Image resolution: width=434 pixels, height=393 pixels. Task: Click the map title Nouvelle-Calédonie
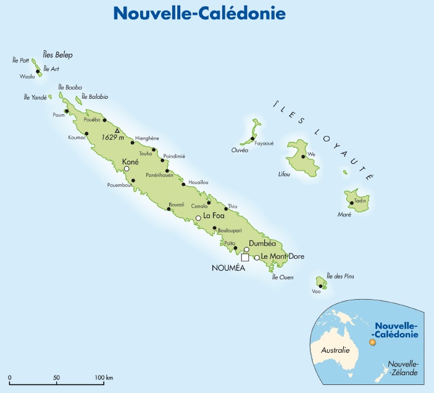point(217,13)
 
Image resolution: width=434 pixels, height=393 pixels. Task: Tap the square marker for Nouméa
point(245,257)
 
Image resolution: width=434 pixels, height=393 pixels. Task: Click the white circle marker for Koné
point(127,168)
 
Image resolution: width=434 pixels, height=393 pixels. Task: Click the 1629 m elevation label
point(113,137)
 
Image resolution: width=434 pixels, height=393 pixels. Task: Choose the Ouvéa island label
point(240,150)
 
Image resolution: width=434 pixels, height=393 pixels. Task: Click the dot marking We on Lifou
point(303,156)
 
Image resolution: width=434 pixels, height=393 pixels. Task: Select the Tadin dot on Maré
point(352,203)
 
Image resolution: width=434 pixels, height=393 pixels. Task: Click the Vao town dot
point(320,286)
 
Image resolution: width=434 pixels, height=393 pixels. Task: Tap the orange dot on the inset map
point(372,342)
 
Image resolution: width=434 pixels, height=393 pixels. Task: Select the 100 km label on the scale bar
point(103,376)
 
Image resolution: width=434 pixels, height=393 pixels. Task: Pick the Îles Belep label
point(57,55)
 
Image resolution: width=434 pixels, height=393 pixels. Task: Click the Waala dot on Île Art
point(38,72)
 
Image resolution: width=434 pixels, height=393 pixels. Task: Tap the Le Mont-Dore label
point(283,256)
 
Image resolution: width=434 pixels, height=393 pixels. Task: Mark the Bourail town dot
point(169,209)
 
